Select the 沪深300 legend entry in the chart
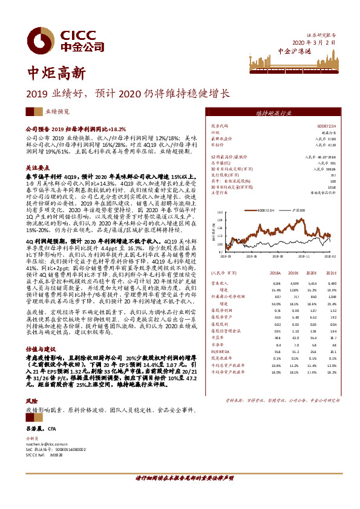[301, 210]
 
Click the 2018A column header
[275, 273]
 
